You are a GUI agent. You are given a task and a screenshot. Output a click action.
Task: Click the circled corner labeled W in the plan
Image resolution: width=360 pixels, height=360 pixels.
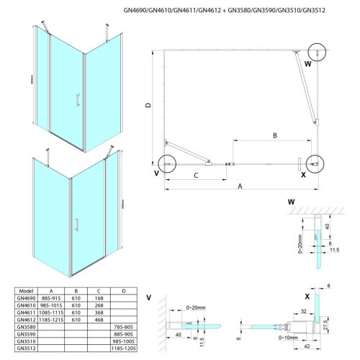[x=315, y=53]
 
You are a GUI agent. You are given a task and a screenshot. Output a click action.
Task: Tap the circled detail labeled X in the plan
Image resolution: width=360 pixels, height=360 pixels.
[x=312, y=164]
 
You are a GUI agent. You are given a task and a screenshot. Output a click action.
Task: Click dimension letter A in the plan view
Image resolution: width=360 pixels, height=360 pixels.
[x=240, y=185]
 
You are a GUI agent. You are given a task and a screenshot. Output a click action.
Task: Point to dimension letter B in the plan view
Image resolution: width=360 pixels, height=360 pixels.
[x=274, y=135]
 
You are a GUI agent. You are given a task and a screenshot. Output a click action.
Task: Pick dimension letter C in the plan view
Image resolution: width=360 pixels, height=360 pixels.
[x=195, y=174]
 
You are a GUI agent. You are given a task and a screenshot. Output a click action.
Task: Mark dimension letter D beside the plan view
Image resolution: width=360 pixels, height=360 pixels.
[x=148, y=106]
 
